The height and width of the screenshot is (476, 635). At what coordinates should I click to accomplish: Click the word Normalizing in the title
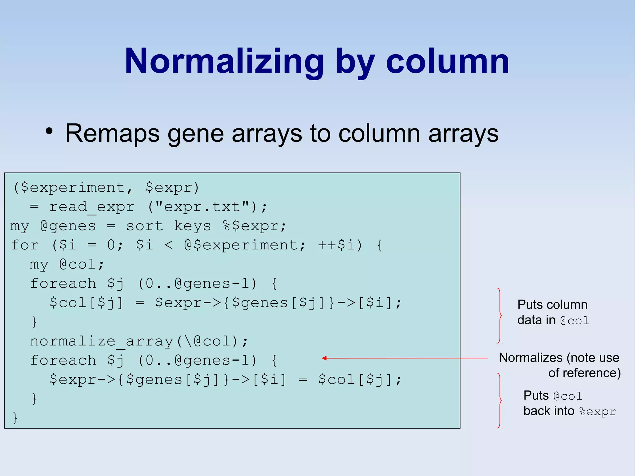pyautogui.click(x=224, y=61)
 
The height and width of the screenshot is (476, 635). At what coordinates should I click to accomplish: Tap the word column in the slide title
pyautogui.click(x=447, y=61)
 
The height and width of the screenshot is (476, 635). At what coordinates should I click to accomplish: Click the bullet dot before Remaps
pyautogui.click(x=49, y=131)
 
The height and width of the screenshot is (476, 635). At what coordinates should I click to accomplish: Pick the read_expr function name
pyautogui.click(x=92, y=207)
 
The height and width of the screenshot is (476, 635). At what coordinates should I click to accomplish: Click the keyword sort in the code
pyautogui.click(x=144, y=226)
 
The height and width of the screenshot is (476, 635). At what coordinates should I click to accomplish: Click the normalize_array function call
pyautogui.click(x=101, y=341)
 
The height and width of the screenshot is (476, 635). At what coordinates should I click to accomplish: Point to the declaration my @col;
pyautogui.click(x=67, y=265)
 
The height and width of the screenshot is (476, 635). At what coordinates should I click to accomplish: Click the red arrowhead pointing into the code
pyautogui.click(x=324, y=358)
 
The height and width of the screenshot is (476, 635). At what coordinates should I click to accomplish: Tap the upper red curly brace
pyautogui.click(x=500, y=315)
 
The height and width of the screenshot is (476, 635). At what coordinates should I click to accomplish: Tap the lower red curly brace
pyautogui.click(x=500, y=401)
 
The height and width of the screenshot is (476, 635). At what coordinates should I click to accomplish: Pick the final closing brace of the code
pyautogui.click(x=15, y=418)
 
